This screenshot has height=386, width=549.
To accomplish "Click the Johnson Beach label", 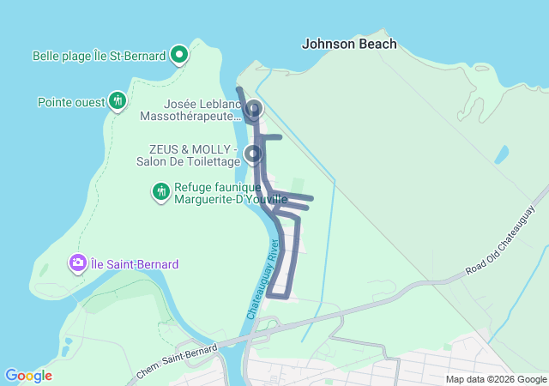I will (x=349, y=44).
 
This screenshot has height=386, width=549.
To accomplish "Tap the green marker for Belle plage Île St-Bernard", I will (x=179, y=56).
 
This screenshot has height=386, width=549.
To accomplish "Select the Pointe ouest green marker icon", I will (x=118, y=101).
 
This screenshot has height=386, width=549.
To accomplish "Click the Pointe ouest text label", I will (x=71, y=102).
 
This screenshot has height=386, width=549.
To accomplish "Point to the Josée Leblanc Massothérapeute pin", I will (x=254, y=110).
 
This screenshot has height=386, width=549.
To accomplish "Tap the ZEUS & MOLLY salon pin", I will (x=253, y=154).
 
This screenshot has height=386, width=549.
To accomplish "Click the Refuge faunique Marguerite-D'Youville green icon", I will (x=160, y=191).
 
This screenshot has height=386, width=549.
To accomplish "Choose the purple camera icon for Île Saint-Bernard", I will (x=78, y=262).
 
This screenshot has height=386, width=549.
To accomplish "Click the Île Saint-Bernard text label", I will (x=136, y=264).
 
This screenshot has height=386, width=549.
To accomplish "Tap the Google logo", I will (x=28, y=376).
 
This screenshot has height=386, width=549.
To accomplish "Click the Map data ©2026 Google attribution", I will (x=495, y=379).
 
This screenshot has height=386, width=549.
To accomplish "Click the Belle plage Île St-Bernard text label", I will (x=99, y=56).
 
